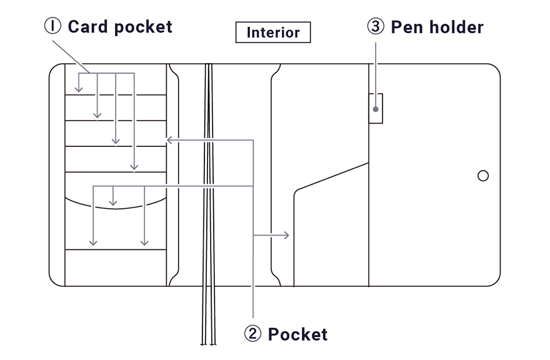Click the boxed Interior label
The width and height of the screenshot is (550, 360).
pyautogui.click(x=273, y=32)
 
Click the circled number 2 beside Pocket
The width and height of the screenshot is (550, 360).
pyautogui.click(x=252, y=334)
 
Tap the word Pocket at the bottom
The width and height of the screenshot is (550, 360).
pyautogui.click(x=297, y=334)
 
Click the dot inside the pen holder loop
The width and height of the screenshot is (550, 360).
pyautogui.click(x=375, y=109)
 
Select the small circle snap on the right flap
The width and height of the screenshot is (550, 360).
pyautogui.click(x=482, y=176)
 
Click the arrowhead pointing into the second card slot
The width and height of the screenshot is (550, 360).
pyautogui.click(x=97, y=115)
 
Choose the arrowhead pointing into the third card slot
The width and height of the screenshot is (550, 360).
pyautogui.click(x=116, y=141)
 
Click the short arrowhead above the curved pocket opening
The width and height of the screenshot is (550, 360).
pyautogui.click(x=112, y=202)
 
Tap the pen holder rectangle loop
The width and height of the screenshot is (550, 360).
pyautogui.click(x=375, y=108)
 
